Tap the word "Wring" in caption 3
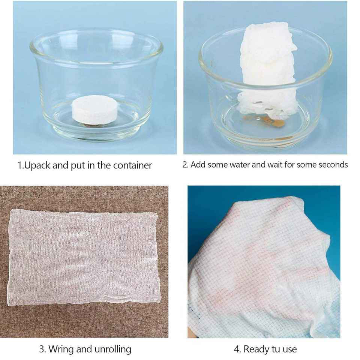click(61, 349)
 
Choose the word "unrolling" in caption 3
click(113, 349)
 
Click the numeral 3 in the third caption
click(42, 349)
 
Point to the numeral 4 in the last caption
click(237, 349)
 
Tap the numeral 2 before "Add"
click(185, 165)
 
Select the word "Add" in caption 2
click(198, 165)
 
